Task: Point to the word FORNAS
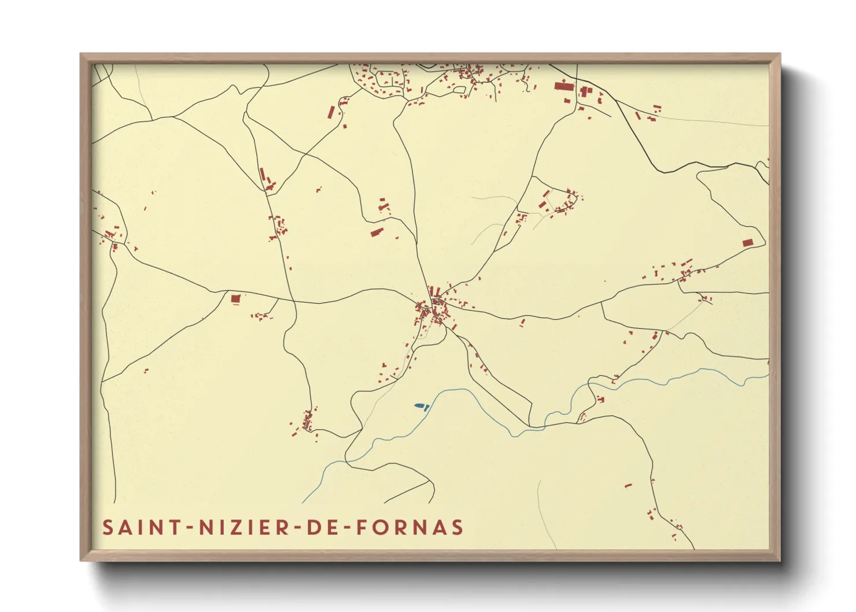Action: [410, 528]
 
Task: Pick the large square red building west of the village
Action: [235, 298]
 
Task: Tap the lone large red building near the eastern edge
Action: [748, 243]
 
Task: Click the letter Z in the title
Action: [238, 528]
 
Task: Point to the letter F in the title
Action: [361, 528]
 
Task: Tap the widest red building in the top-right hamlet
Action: [564, 86]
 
